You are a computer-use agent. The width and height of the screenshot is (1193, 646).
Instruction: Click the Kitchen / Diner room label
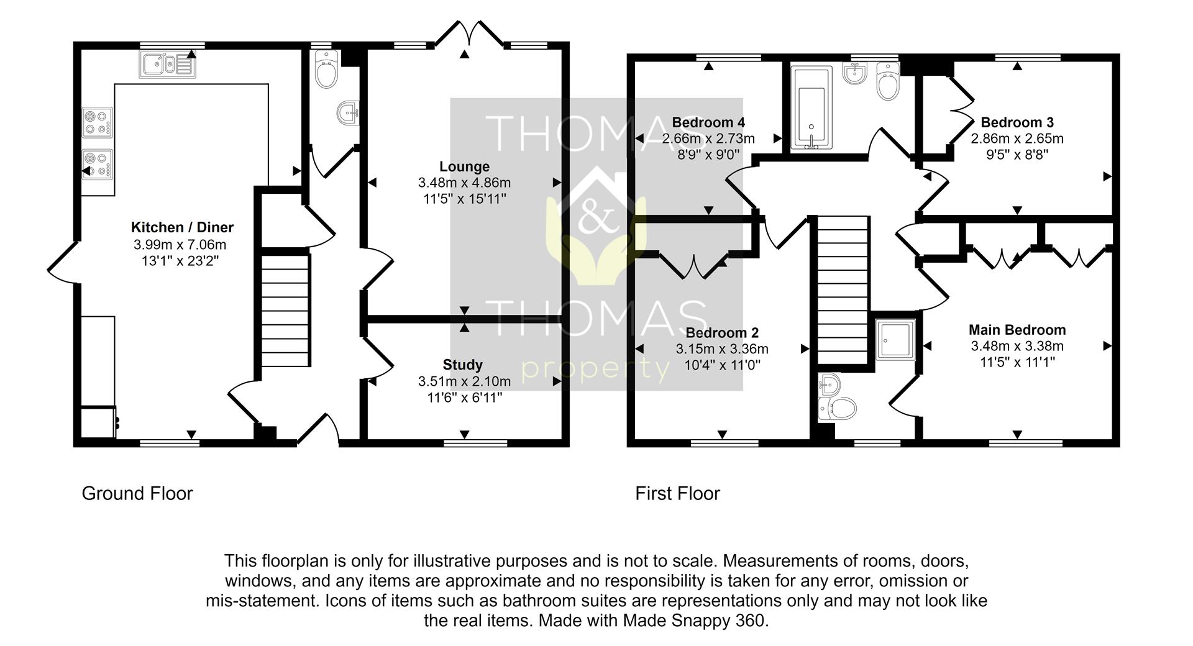[182, 227]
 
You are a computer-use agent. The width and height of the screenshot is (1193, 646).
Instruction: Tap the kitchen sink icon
[167, 64]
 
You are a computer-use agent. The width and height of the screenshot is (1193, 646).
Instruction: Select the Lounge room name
[464, 166]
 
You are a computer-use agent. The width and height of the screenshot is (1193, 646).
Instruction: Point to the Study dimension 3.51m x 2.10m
[464, 381]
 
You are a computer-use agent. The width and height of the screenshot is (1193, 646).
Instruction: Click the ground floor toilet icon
[326, 70]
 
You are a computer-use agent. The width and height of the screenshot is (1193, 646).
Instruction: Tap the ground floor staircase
[285, 310]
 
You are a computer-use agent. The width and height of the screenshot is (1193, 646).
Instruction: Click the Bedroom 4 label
[708, 122]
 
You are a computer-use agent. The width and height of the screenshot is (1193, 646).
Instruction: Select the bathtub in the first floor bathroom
[811, 109]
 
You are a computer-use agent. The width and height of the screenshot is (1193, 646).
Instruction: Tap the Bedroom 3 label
[1017, 122]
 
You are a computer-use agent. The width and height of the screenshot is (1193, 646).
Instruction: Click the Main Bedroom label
[1017, 330]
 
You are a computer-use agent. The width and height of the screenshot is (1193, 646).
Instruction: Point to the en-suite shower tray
[895, 340]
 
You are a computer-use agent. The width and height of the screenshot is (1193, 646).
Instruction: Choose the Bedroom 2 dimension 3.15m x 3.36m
[722, 349]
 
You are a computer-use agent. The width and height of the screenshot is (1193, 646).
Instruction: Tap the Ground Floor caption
[137, 493]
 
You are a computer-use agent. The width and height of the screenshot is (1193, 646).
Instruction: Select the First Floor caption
[677, 493]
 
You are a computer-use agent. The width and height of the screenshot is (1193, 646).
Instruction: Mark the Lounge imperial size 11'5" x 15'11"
[464, 199]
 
